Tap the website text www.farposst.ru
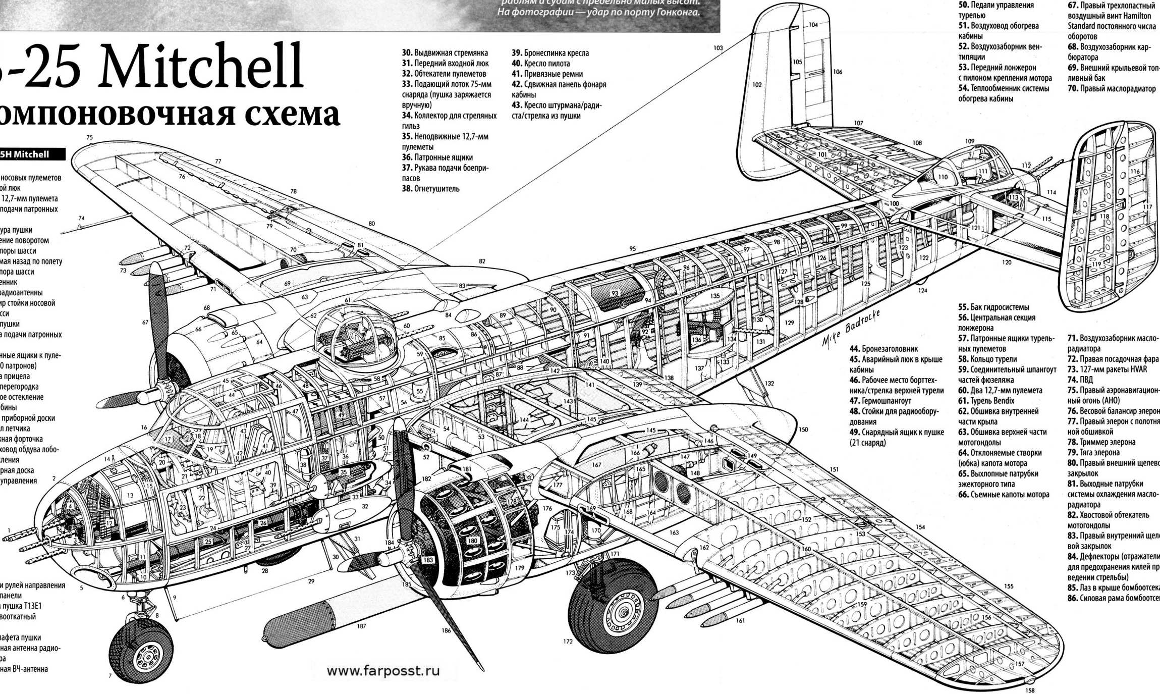(383, 671)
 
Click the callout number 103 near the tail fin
(718, 48)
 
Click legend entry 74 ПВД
(1080, 380)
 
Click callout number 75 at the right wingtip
(90, 137)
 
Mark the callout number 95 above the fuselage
(633, 249)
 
